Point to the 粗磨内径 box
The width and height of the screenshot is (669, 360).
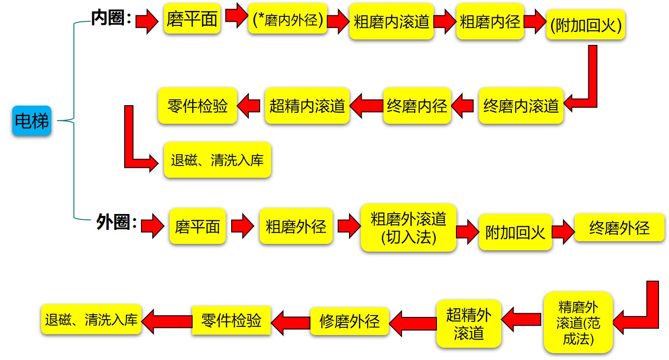click(x=490, y=22)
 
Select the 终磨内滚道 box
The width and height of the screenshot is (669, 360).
click(x=521, y=106)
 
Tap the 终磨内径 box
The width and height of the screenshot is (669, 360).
click(x=417, y=106)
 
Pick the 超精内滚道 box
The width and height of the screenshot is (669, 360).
click(x=307, y=106)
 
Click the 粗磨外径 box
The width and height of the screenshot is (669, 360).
click(x=296, y=226)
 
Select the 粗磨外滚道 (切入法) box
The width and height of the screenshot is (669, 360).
click(x=408, y=228)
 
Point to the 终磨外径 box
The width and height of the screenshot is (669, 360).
click(x=619, y=228)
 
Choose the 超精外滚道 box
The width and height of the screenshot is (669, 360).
click(x=469, y=323)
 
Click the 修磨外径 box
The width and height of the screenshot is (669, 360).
click(x=349, y=321)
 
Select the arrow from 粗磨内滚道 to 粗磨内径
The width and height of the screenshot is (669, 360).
click(x=444, y=22)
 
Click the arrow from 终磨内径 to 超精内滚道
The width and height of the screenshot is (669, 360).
click(x=366, y=106)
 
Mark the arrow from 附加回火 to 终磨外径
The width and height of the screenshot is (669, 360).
click(x=563, y=232)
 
